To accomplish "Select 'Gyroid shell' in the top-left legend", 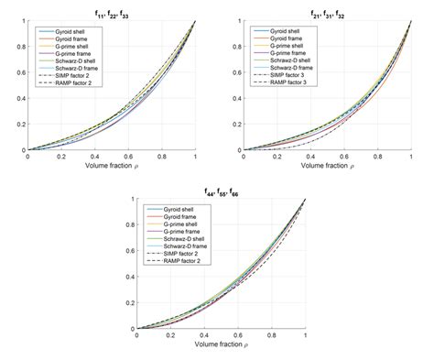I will (x=68, y=32).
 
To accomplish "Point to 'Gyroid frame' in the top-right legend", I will (x=284, y=39).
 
